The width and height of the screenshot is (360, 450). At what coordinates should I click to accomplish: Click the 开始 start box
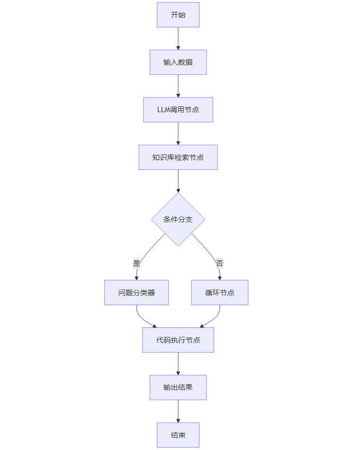click(178, 15)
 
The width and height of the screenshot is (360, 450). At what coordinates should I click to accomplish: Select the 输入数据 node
click(178, 62)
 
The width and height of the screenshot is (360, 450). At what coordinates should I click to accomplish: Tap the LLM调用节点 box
click(178, 110)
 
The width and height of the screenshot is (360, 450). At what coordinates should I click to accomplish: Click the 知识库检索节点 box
click(178, 157)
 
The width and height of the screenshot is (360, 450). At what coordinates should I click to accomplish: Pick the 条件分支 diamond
click(178, 220)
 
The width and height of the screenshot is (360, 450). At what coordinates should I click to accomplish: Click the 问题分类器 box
click(136, 292)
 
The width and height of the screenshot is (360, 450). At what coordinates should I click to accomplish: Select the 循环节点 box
click(220, 292)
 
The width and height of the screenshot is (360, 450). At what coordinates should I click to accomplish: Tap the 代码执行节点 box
click(178, 340)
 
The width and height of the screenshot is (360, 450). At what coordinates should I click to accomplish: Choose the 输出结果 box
click(178, 388)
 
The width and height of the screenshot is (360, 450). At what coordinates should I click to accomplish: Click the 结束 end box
click(178, 435)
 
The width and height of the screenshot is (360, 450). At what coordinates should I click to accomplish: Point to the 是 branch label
click(137, 264)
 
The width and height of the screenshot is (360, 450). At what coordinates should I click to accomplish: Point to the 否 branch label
click(219, 264)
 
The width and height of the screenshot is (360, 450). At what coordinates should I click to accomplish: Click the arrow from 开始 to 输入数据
click(178, 38)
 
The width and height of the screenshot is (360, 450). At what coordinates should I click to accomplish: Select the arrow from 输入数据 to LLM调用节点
click(178, 85)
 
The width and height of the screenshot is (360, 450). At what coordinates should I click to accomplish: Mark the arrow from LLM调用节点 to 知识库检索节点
click(178, 133)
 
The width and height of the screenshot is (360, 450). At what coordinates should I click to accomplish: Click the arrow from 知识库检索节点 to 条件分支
click(178, 180)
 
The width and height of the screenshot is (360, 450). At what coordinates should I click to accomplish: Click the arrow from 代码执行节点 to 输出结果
click(178, 363)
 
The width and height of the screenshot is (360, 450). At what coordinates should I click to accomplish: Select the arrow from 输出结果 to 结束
click(178, 411)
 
